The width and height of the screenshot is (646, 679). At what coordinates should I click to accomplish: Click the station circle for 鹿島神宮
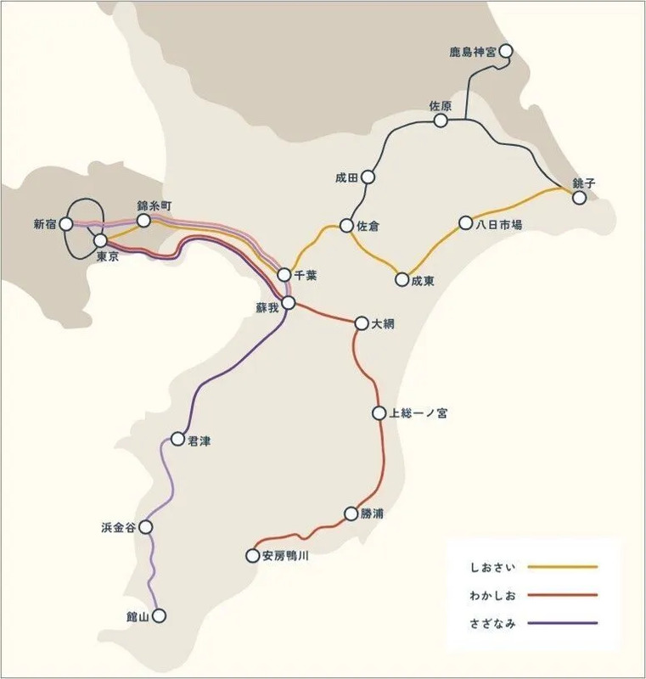tap(507, 52)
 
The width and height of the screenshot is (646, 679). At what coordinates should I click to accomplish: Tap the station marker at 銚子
tap(580, 198)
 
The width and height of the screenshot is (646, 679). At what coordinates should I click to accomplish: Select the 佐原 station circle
tap(441, 121)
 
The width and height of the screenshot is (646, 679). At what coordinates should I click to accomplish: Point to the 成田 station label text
tap(347, 178)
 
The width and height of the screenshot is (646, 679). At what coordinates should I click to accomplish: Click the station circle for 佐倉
tap(346, 226)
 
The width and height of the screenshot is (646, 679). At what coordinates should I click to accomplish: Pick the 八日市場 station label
tap(498, 225)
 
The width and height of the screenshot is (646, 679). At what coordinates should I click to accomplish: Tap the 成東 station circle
tap(402, 278)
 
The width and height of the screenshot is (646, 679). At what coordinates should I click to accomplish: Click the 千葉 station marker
tap(284, 274)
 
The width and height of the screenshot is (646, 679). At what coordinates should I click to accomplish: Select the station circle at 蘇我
tap(289, 302)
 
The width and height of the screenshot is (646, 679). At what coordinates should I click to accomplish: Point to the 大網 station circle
tap(362, 323)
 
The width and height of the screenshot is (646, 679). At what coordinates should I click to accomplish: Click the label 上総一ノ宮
tap(418, 414)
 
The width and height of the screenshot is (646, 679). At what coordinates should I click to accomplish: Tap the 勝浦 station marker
tap(351, 513)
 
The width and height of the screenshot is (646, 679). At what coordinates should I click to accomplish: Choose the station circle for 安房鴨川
tap(252, 556)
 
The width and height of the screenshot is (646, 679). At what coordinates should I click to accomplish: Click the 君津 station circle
tap(177, 439)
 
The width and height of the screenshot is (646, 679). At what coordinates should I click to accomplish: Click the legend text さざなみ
tap(492, 623)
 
